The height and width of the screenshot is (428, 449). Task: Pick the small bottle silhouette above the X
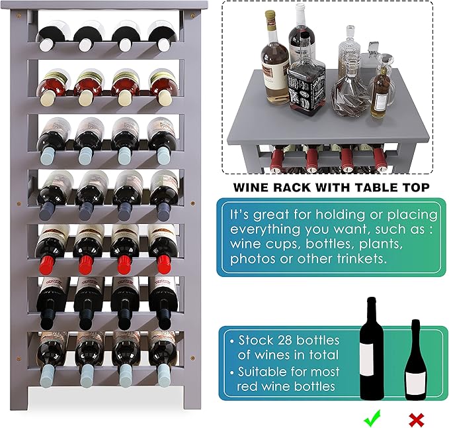tap(415, 361)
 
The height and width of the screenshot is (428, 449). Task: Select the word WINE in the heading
tap(252, 187)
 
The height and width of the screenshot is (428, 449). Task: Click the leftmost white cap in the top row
tap(46, 45)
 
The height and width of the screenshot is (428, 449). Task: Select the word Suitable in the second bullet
tap(265, 372)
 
